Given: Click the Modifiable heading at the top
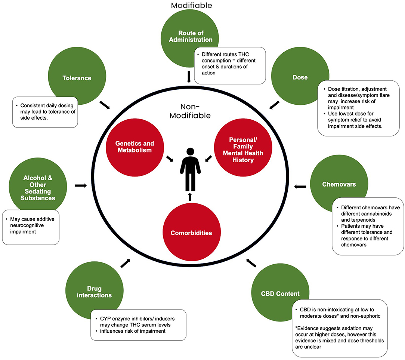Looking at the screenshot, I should (x=191, y=5).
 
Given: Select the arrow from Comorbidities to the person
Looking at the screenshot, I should (x=189, y=197).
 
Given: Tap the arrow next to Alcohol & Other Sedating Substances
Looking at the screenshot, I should (x=80, y=185).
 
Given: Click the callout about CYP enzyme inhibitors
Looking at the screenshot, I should (x=138, y=324).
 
